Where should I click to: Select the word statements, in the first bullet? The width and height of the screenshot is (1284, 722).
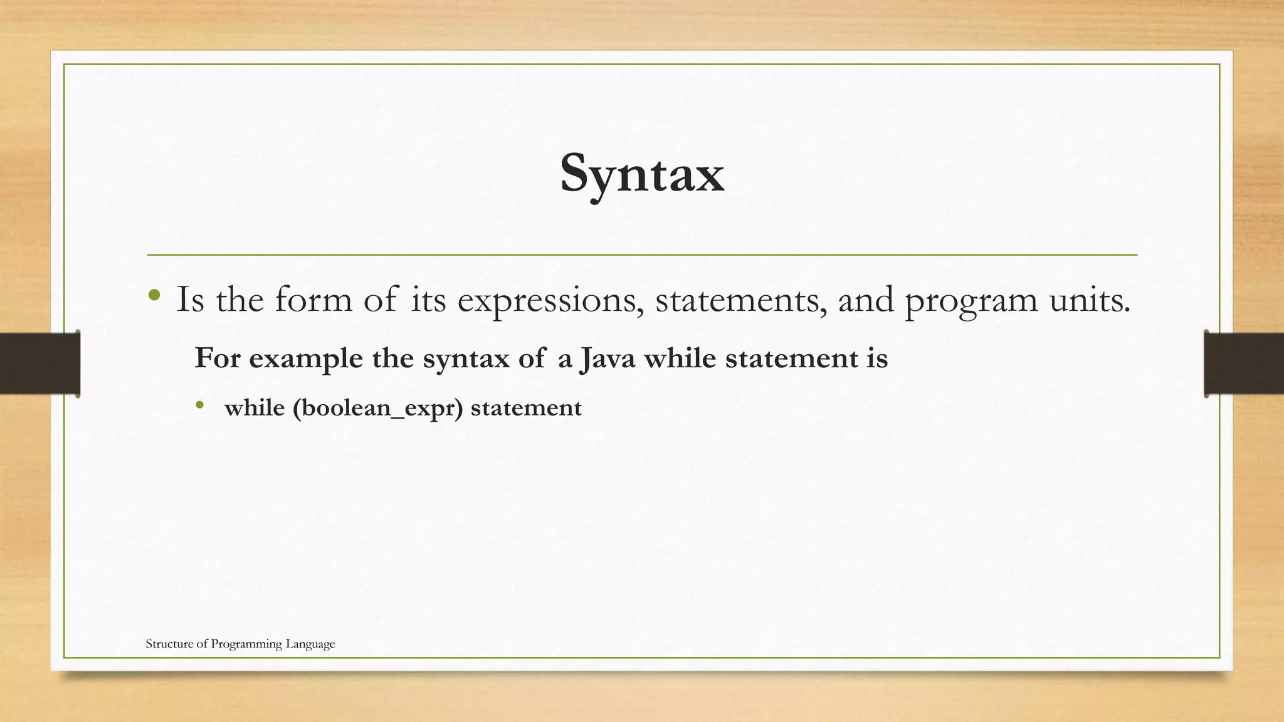coord(740,300)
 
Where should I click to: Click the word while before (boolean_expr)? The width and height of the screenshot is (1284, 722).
coord(254,408)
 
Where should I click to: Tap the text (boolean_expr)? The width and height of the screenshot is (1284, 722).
coord(377,409)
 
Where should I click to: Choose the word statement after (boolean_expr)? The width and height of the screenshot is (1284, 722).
coord(526,408)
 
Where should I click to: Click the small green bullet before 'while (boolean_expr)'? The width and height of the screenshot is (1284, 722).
coord(199,405)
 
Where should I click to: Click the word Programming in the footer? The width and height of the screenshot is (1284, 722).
coord(246,644)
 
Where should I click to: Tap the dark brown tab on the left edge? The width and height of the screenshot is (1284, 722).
coord(39,364)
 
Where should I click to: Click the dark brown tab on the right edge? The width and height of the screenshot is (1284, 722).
coord(1244,364)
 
